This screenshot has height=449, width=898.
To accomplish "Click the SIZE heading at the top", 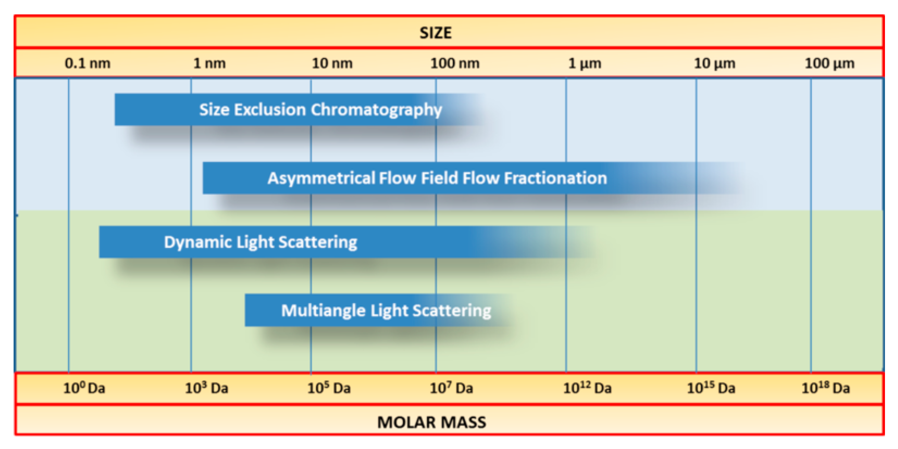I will coord(435,33).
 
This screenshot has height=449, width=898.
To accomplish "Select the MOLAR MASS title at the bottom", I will coord(432,422).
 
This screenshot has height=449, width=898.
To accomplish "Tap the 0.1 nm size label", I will coord(87,64).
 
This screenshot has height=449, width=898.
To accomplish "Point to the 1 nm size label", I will coord(209,64).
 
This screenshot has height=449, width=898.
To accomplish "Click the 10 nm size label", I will coord(332,64).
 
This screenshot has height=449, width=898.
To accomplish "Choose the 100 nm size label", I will coord(455,64).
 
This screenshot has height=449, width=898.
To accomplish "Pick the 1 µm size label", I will coord(585,64).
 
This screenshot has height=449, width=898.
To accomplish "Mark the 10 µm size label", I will coord(714,64).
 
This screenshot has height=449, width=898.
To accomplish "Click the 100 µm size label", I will coord(829,64).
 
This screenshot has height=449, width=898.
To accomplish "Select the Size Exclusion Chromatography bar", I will coord(320,109).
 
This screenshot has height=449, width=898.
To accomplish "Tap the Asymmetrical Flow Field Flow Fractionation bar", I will coord(437,178).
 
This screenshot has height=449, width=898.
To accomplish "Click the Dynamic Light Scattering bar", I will coord(261,242).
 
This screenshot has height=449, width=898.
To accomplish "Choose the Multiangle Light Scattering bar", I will coord(386,310).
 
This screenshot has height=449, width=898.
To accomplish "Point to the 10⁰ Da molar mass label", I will coord(84,388).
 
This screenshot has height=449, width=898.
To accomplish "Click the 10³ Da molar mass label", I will coord(206,388).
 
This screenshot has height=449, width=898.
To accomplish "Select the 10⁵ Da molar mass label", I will coord(329,388).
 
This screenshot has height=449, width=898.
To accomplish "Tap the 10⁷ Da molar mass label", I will coord(451,388).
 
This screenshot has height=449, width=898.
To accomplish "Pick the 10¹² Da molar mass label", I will coord(588,388).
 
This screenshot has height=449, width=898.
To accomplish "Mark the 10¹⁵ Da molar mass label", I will coord(711,388).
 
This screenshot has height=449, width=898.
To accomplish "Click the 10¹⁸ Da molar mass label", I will coord(825,388).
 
